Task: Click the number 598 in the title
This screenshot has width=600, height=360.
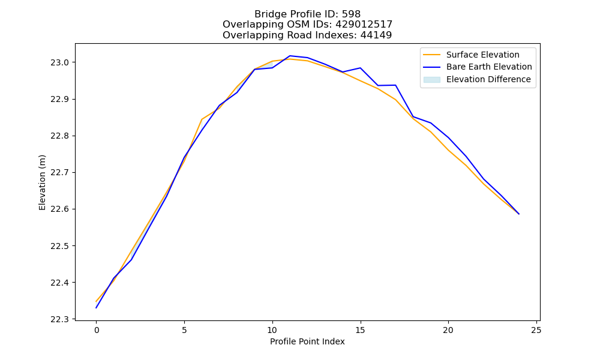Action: click(351, 14)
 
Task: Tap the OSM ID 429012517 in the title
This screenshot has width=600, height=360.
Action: click(364, 25)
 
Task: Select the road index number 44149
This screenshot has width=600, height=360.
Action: click(376, 35)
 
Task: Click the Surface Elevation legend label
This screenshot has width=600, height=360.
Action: click(482, 55)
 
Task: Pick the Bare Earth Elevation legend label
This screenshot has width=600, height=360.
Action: click(489, 67)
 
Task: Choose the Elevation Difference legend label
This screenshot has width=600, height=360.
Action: click(488, 79)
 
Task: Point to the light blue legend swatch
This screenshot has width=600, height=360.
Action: click(431, 80)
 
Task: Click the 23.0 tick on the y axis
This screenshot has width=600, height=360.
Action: click(59, 62)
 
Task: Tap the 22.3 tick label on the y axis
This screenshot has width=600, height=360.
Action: click(59, 319)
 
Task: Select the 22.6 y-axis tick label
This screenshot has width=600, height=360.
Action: click(59, 209)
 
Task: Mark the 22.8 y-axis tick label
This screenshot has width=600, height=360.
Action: click(59, 136)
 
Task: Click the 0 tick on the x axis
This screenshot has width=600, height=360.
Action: click(97, 330)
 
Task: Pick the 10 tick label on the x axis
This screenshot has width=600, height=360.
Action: click(272, 330)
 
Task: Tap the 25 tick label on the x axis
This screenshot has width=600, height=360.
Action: click(536, 330)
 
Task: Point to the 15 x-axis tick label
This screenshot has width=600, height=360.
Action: click(360, 330)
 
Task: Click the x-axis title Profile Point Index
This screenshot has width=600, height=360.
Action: click(307, 341)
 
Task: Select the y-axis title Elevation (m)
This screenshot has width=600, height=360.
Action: click(42, 182)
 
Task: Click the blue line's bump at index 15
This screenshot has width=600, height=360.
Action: click(360, 68)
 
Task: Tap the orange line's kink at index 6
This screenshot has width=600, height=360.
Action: click(202, 119)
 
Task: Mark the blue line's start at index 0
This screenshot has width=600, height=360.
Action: click(96, 308)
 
